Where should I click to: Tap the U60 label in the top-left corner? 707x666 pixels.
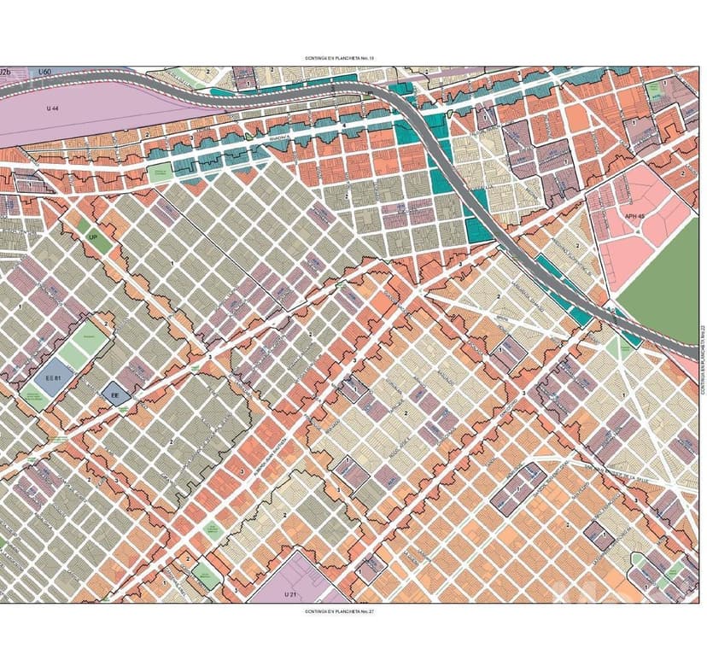pos(45,72)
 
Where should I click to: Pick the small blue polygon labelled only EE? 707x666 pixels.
pos(114,394)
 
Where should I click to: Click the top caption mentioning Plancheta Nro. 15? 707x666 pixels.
pos(340,58)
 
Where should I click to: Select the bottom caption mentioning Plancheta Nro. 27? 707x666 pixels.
pos(340,611)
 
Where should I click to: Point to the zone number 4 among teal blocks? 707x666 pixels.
pos(344,126)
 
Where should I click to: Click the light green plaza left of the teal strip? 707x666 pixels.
pos(160,171)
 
